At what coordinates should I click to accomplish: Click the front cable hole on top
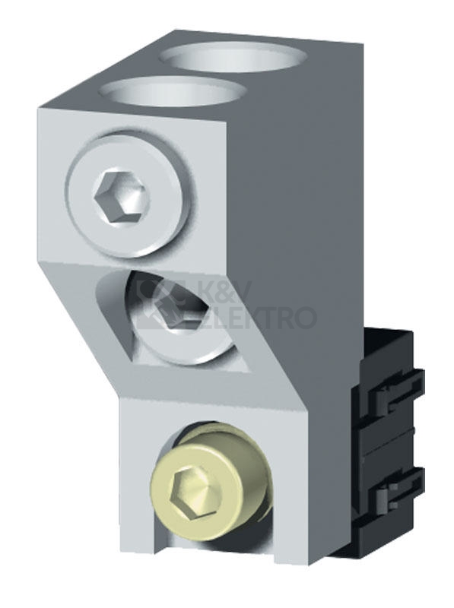pyautogui.click(x=171, y=93)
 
